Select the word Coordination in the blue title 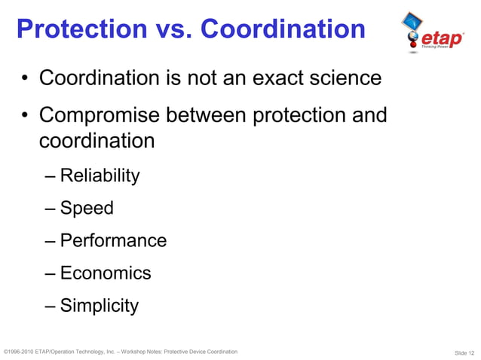(285, 30)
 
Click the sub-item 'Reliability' (100, 176)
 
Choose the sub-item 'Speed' (87, 209)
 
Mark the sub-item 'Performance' (113, 241)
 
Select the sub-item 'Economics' (106, 273)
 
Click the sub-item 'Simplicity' (100, 306)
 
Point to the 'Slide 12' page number (464, 352)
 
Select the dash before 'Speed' (50, 209)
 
